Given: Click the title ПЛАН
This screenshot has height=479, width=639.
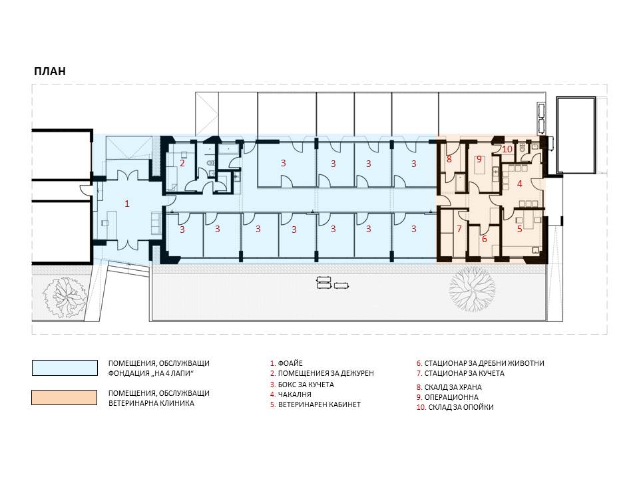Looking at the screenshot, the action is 50,71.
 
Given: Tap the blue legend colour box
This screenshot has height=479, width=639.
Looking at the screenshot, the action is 65,368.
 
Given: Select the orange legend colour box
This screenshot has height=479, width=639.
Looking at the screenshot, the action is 65,398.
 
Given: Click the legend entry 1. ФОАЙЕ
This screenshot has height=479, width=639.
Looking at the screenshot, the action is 286,363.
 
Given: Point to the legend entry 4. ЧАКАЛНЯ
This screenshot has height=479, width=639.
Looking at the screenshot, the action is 291,395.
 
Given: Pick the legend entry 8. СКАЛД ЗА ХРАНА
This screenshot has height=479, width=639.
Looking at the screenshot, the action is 449,387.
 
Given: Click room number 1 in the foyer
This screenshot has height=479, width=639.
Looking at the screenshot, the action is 126,204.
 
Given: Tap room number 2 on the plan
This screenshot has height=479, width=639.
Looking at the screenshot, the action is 182,164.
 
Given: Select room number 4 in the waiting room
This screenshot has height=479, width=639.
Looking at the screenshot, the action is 520,184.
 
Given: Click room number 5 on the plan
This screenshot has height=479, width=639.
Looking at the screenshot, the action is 520,229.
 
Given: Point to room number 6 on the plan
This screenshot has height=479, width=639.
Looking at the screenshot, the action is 484,239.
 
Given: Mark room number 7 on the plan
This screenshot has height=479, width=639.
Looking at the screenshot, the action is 459,229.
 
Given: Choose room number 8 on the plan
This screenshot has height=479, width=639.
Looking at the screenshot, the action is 449,159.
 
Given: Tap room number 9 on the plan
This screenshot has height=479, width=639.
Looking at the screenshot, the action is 479,159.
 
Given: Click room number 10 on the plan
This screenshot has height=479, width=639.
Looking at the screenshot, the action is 507,149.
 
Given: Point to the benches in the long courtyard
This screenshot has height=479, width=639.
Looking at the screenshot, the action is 331,282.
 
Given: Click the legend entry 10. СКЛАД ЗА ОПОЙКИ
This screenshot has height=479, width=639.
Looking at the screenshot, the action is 455,407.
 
